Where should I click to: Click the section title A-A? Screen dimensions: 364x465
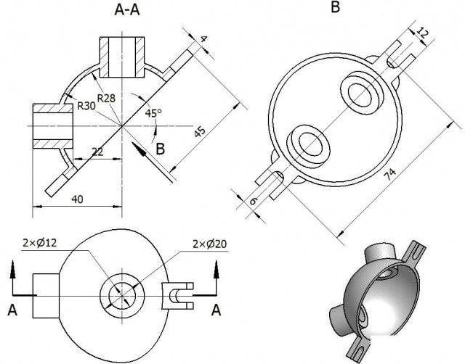pos(132,10)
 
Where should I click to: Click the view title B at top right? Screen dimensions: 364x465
pos(335,8)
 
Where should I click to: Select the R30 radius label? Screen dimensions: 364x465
pos(88,106)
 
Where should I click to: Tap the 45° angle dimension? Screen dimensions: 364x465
pos(153,113)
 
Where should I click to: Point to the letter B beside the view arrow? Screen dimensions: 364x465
pos(161,149)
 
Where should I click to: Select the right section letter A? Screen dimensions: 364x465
pos(216,310)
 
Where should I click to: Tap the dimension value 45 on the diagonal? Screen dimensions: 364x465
pos(198,131)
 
